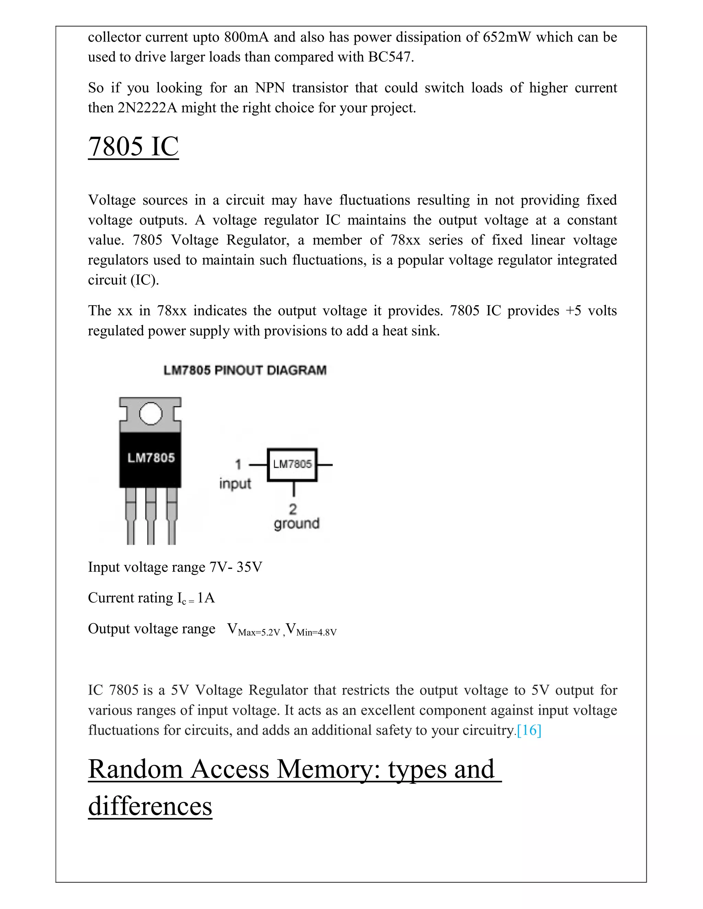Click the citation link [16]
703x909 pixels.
click(x=529, y=730)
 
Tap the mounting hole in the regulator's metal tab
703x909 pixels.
click(x=150, y=413)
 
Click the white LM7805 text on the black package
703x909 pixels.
click(x=151, y=458)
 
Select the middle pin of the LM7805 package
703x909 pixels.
click(x=151, y=516)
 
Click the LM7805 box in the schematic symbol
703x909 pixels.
click(x=292, y=464)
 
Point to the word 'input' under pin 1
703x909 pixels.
click(x=235, y=484)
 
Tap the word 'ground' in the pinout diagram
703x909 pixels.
click(x=296, y=523)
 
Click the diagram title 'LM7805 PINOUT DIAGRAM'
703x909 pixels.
click(x=245, y=370)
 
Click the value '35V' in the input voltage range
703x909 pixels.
click(x=249, y=567)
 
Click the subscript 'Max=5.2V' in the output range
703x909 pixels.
click(x=258, y=633)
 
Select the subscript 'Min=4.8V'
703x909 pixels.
click(x=316, y=633)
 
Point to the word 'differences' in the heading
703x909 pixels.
click(x=150, y=806)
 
